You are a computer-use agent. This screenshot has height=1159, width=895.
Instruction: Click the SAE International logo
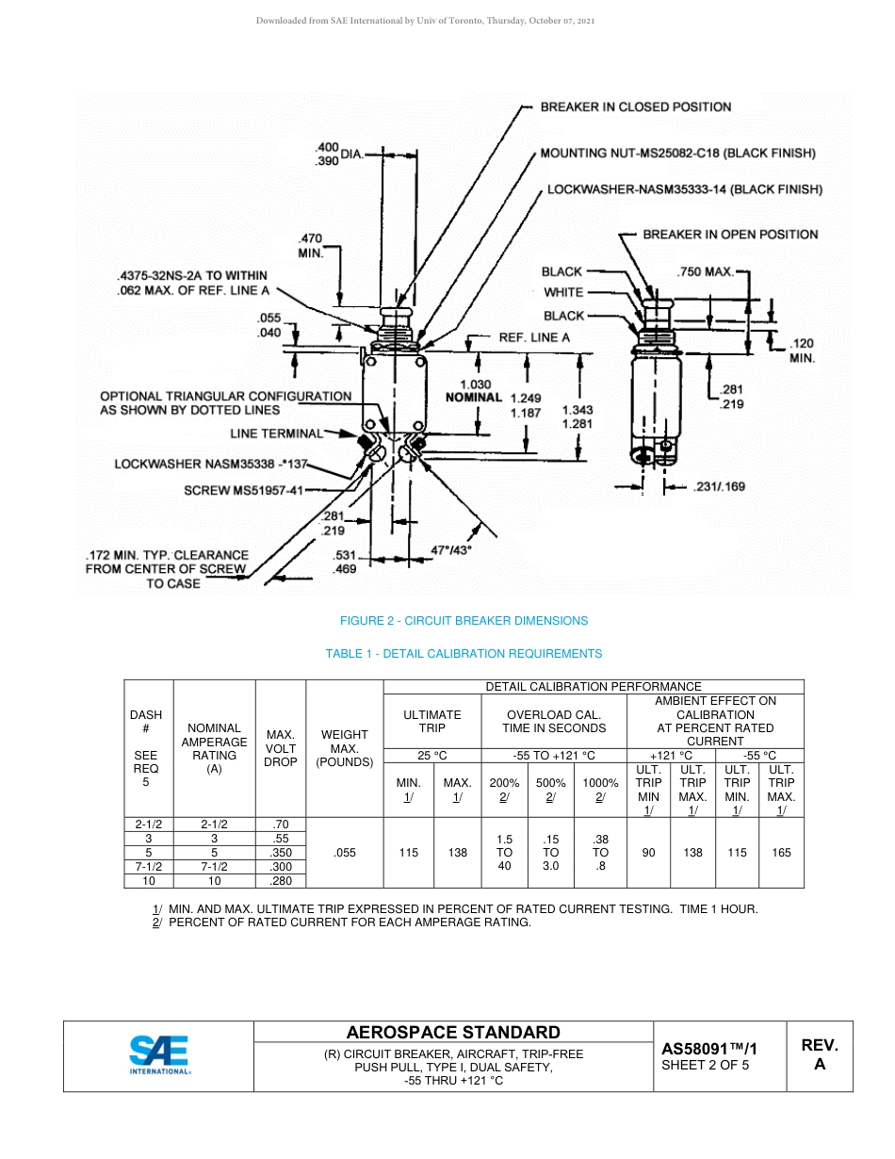[159, 1055]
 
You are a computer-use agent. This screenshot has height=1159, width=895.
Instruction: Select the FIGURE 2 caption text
[464, 621]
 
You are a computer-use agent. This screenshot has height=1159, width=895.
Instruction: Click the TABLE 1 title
[464, 654]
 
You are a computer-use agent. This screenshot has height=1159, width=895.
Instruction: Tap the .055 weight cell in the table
[346, 853]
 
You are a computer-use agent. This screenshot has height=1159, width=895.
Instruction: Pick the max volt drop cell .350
[280, 853]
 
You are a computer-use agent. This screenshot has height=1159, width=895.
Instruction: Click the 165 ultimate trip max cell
[781, 853]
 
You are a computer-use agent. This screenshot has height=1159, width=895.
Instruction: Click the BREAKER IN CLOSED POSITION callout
[635, 107]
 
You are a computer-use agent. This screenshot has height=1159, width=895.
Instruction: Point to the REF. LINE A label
[534, 337]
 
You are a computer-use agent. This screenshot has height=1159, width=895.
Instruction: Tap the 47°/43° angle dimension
[450, 549]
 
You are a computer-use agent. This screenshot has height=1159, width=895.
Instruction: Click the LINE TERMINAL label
[276, 433]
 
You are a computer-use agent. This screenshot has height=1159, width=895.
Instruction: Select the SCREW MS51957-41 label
[243, 490]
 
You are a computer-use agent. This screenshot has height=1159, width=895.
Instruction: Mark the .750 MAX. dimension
[705, 272]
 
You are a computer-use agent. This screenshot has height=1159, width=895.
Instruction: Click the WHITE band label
[563, 293]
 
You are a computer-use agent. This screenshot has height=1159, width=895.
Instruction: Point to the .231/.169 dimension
[719, 487]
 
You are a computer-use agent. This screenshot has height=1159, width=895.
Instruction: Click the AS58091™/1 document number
[708, 1048]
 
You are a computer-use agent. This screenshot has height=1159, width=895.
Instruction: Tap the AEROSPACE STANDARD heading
[453, 1033]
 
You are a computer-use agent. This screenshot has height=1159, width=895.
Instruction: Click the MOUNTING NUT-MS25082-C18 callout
[677, 153]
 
